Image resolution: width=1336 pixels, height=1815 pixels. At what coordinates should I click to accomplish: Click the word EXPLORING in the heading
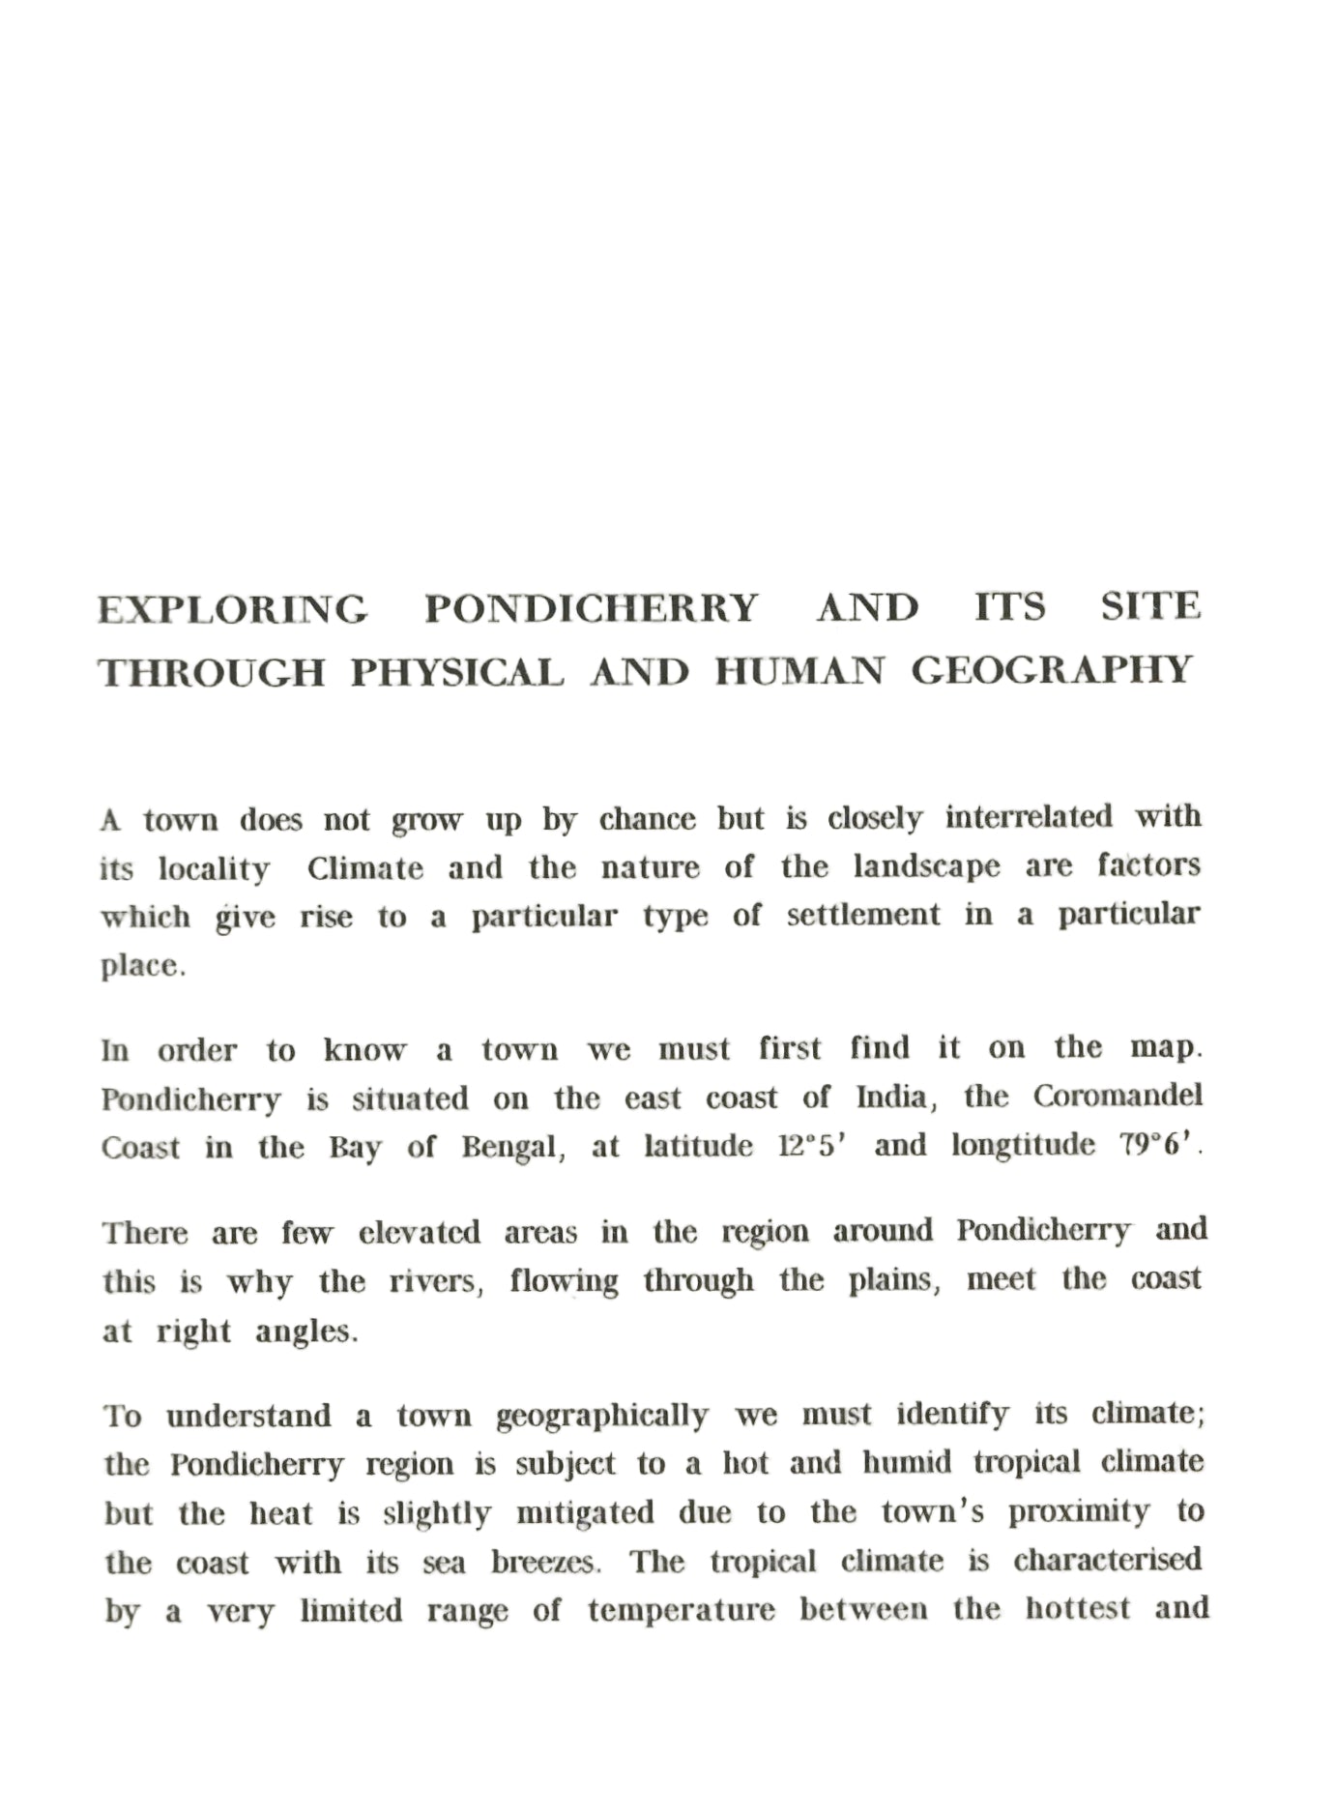[x=233, y=610]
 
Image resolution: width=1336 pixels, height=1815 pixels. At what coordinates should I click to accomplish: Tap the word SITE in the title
[x=1151, y=607]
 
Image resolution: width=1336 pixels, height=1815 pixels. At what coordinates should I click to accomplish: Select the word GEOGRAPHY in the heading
[x=1053, y=670]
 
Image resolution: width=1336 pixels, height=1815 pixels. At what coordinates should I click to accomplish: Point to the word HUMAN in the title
[x=799, y=671]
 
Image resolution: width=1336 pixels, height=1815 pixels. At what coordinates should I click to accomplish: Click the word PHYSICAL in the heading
[x=457, y=672]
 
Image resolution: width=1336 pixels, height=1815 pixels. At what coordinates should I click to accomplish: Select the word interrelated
[x=1030, y=817]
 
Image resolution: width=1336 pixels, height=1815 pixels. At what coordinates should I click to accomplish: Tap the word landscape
[x=927, y=866]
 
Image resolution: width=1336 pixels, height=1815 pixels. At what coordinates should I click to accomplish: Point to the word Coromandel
[x=1118, y=1096]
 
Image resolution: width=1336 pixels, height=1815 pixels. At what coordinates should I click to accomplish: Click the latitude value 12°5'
[x=813, y=1146]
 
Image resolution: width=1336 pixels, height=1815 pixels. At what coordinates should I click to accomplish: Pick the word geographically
[x=602, y=1416]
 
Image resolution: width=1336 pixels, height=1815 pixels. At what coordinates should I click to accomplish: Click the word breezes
[x=546, y=1563]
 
